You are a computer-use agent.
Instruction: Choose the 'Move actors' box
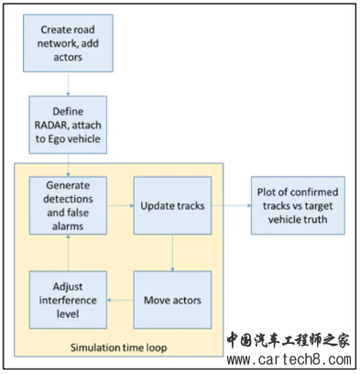pos(173,299)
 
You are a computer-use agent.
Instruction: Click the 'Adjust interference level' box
pos(67,299)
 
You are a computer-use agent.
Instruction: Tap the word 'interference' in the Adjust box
pos(67,299)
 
